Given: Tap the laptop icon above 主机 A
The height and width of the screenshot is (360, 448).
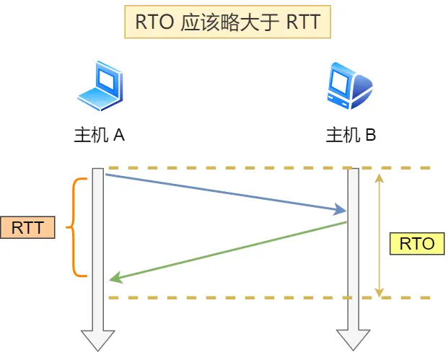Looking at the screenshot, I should pyautogui.click(x=99, y=85).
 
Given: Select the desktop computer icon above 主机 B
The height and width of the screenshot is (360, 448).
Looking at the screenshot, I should pyautogui.click(x=349, y=85).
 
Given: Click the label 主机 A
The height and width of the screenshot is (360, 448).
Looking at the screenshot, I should pyautogui.click(x=100, y=136).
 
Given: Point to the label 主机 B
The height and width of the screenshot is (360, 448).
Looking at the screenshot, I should pyautogui.click(x=351, y=136).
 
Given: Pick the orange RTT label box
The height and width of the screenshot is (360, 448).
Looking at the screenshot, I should pyautogui.click(x=27, y=228).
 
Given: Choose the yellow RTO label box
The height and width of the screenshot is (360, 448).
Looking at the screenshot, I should pyautogui.click(x=417, y=243).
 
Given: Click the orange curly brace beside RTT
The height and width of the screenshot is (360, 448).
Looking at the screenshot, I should pyautogui.click(x=74, y=228).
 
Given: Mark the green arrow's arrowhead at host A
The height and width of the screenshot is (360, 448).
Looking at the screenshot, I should pyautogui.click(x=114, y=279).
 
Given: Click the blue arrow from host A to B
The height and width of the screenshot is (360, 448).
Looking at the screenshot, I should pyautogui.click(x=224, y=192).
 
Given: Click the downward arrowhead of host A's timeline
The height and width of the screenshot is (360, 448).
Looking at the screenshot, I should pyautogui.click(x=98, y=340).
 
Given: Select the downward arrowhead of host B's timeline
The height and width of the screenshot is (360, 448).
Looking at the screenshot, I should pyautogui.click(x=353, y=340).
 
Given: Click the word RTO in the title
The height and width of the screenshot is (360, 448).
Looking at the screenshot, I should pyautogui.click(x=153, y=23).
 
